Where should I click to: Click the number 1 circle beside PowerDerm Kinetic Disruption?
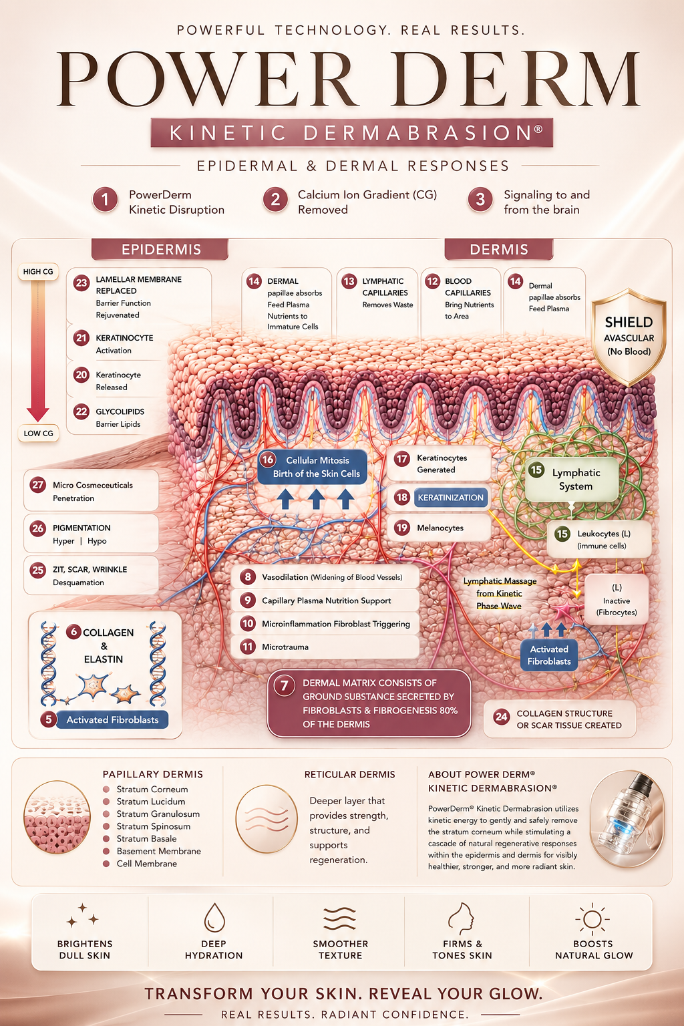pos(105,200)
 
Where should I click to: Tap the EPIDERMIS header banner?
pos(160,249)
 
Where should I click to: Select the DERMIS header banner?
pos(499,249)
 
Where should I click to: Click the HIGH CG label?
pos(38,272)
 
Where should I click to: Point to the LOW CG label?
pos(39,434)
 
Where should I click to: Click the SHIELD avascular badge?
pos(629,337)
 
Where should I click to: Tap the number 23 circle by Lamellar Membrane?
pos(81,283)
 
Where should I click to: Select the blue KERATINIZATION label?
pos(450,498)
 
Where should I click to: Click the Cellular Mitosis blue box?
pos(313,467)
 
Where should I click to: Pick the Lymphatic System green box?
pos(572,480)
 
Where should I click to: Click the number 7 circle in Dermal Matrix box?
pos(285,686)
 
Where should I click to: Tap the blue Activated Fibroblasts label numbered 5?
pos(112,719)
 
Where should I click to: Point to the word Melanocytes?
pos(440,528)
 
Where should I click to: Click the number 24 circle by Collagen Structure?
pos(501,717)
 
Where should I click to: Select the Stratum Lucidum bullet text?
pos(151,802)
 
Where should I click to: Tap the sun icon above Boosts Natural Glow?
pos(592,918)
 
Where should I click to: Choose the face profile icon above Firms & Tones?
pos(461,918)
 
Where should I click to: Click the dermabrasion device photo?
pos(627,818)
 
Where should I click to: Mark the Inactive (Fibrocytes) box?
pos(616,600)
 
